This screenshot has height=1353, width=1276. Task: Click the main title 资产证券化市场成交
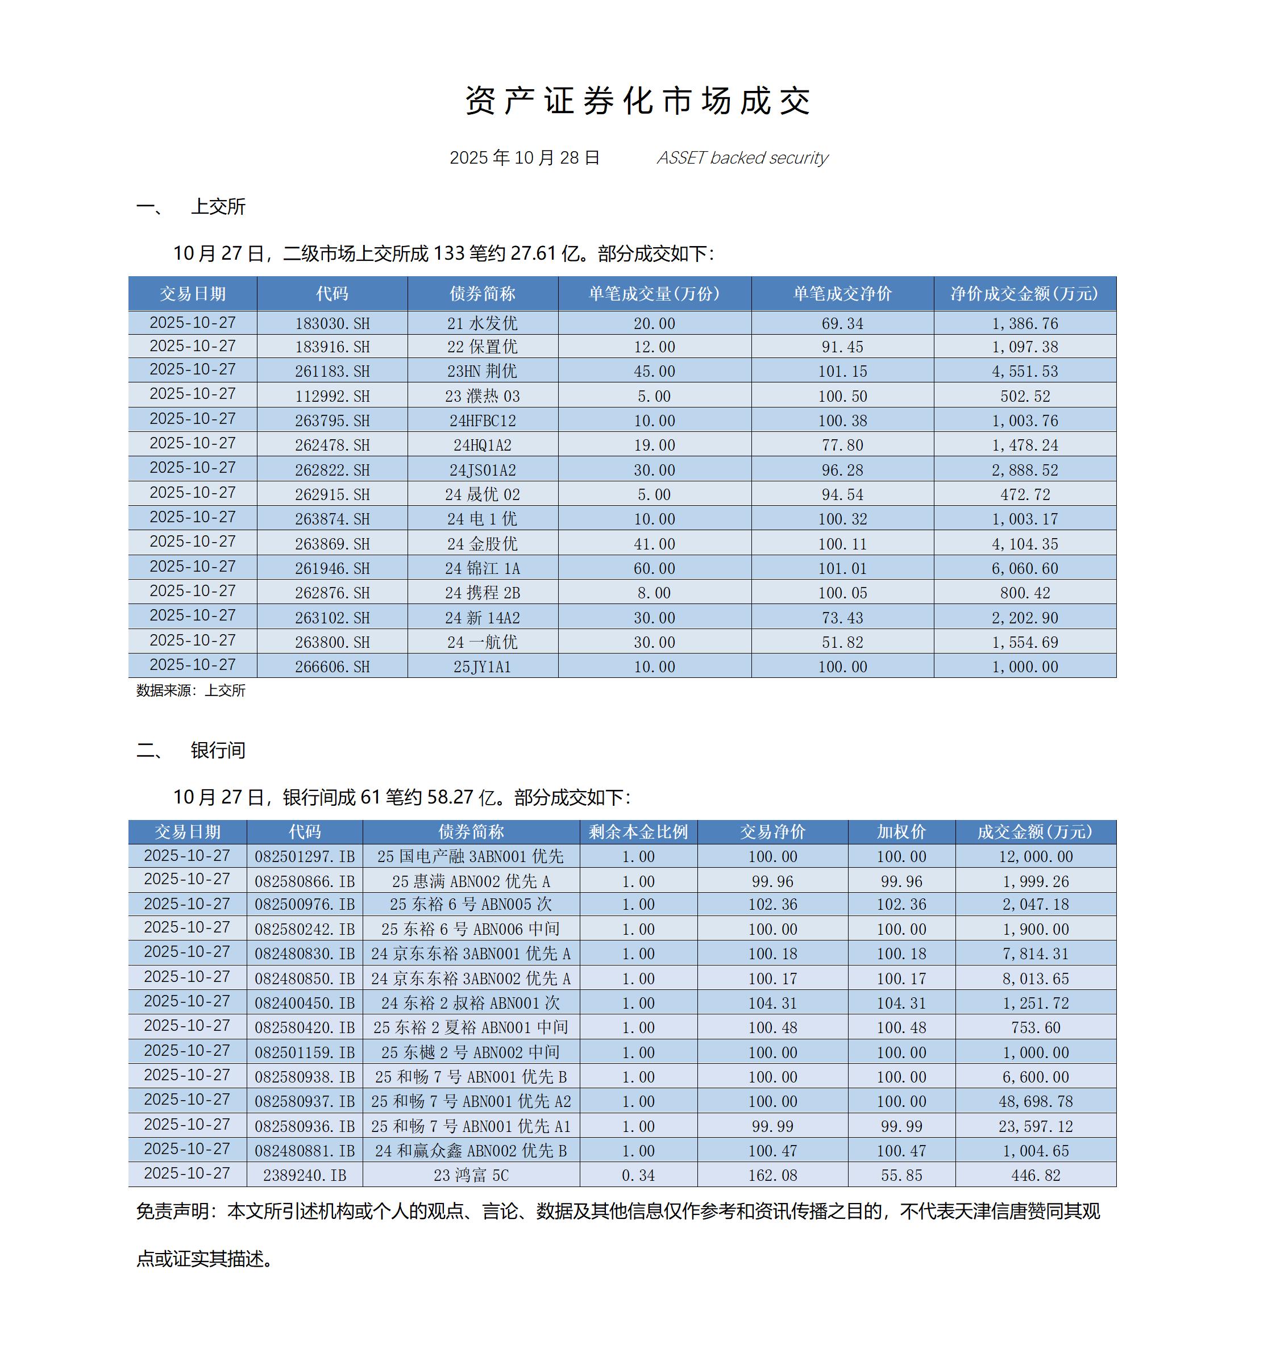tap(637, 101)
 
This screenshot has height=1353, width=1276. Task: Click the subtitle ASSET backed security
tap(742, 158)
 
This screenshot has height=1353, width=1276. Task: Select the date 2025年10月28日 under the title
tap(524, 158)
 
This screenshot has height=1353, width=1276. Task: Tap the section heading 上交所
tap(218, 207)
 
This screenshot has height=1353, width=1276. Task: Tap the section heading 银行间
tap(218, 751)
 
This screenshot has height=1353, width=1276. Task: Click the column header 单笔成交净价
tap(842, 294)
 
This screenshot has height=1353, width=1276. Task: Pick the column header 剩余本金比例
tap(638, 832)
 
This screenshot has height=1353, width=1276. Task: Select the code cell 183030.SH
tap(332, 323)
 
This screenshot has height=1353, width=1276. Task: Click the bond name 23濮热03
tap(483, 396)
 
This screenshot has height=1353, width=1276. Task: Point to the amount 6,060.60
tap(1025, 568)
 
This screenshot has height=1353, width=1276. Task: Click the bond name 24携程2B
tap(483, 593)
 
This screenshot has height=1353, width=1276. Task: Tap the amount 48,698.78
tap(1036, 1101)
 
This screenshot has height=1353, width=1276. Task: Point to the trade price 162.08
tap(772, 1175)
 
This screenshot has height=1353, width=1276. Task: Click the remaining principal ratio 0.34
tap(638, 1175)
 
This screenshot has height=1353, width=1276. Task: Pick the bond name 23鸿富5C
tap(471, 1175)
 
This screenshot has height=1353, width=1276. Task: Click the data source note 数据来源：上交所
tap(190, 691)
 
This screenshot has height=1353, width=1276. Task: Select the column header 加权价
tap(901, 832)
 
